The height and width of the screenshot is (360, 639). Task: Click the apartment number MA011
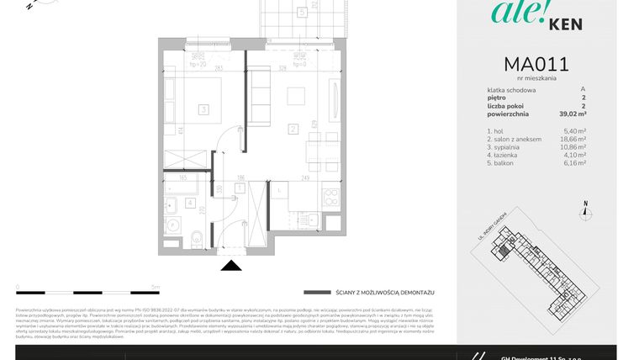[536, 64]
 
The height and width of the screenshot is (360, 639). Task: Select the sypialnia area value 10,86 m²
[573, 146]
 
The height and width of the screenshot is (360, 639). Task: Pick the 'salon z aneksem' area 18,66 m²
[573, 139]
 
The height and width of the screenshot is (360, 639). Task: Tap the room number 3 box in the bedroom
[203, 109]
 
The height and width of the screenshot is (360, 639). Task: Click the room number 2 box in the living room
[292, 129]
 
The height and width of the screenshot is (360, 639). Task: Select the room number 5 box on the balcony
[301, 12]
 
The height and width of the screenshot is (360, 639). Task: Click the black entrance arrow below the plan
[230, 266]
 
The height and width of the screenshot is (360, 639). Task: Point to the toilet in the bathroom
[194, 238]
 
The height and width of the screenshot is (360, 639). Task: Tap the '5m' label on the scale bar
[156, 287]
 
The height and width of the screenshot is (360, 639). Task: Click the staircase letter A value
[583, 90]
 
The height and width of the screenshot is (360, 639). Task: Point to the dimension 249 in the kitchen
[307, 177]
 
